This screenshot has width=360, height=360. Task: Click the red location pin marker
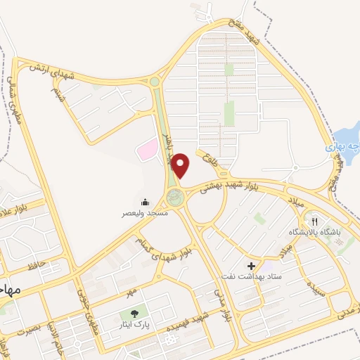181,165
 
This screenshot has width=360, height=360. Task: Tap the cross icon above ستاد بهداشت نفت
251,266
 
